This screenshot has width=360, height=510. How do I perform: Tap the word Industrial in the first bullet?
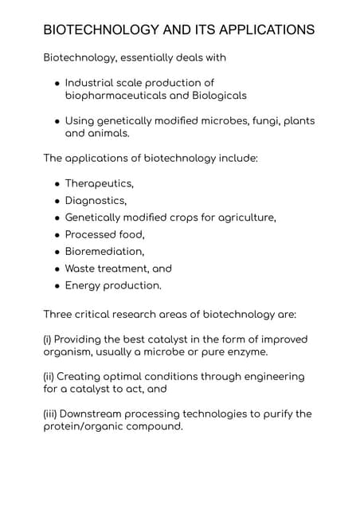point(89,83)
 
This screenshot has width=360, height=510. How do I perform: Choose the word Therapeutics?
point(99,183)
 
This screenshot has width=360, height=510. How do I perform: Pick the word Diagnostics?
point(96,200)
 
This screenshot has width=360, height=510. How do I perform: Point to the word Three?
point(60,314)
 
